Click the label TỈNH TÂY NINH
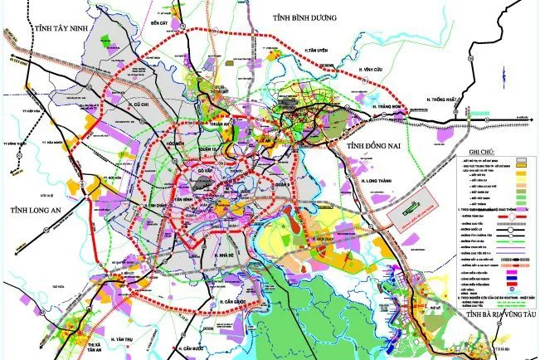[x=60, y=28]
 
